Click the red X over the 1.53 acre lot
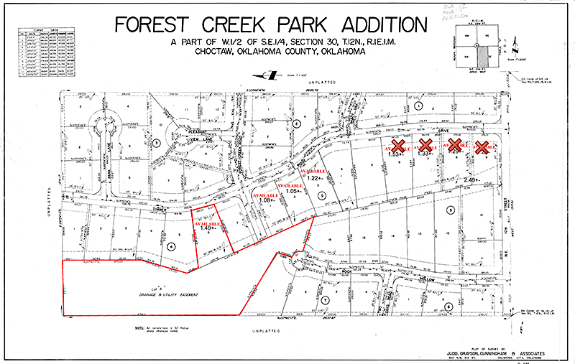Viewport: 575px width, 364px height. point(397,146)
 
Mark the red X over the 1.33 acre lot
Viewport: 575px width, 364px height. point(425,146)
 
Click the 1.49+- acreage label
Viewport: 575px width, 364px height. point(203,228)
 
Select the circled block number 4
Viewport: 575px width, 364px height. point(170,246)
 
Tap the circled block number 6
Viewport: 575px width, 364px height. point(448,307)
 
